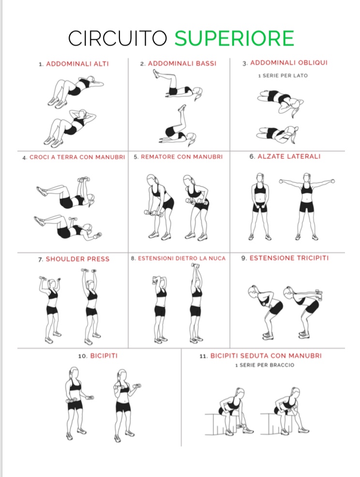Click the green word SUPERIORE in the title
point(234,38)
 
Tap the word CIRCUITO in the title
point(118,38)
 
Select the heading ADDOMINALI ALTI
point(77,64)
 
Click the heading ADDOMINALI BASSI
point(182,63)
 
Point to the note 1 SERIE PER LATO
point(283,75)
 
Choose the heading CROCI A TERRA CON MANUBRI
point(77,157)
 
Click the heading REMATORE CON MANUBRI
point(181,157)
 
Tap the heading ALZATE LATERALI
point(289,156)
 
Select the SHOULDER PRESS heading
point(77,259)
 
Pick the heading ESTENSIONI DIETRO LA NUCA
point(181,259)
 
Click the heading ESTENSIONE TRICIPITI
point(289,258)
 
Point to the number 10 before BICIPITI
point(83,356)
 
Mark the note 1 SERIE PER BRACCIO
point(265,365)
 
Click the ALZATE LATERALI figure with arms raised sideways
point(307,207)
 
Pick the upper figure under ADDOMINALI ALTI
point(76,92)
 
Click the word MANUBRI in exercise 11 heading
point(305,356)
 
